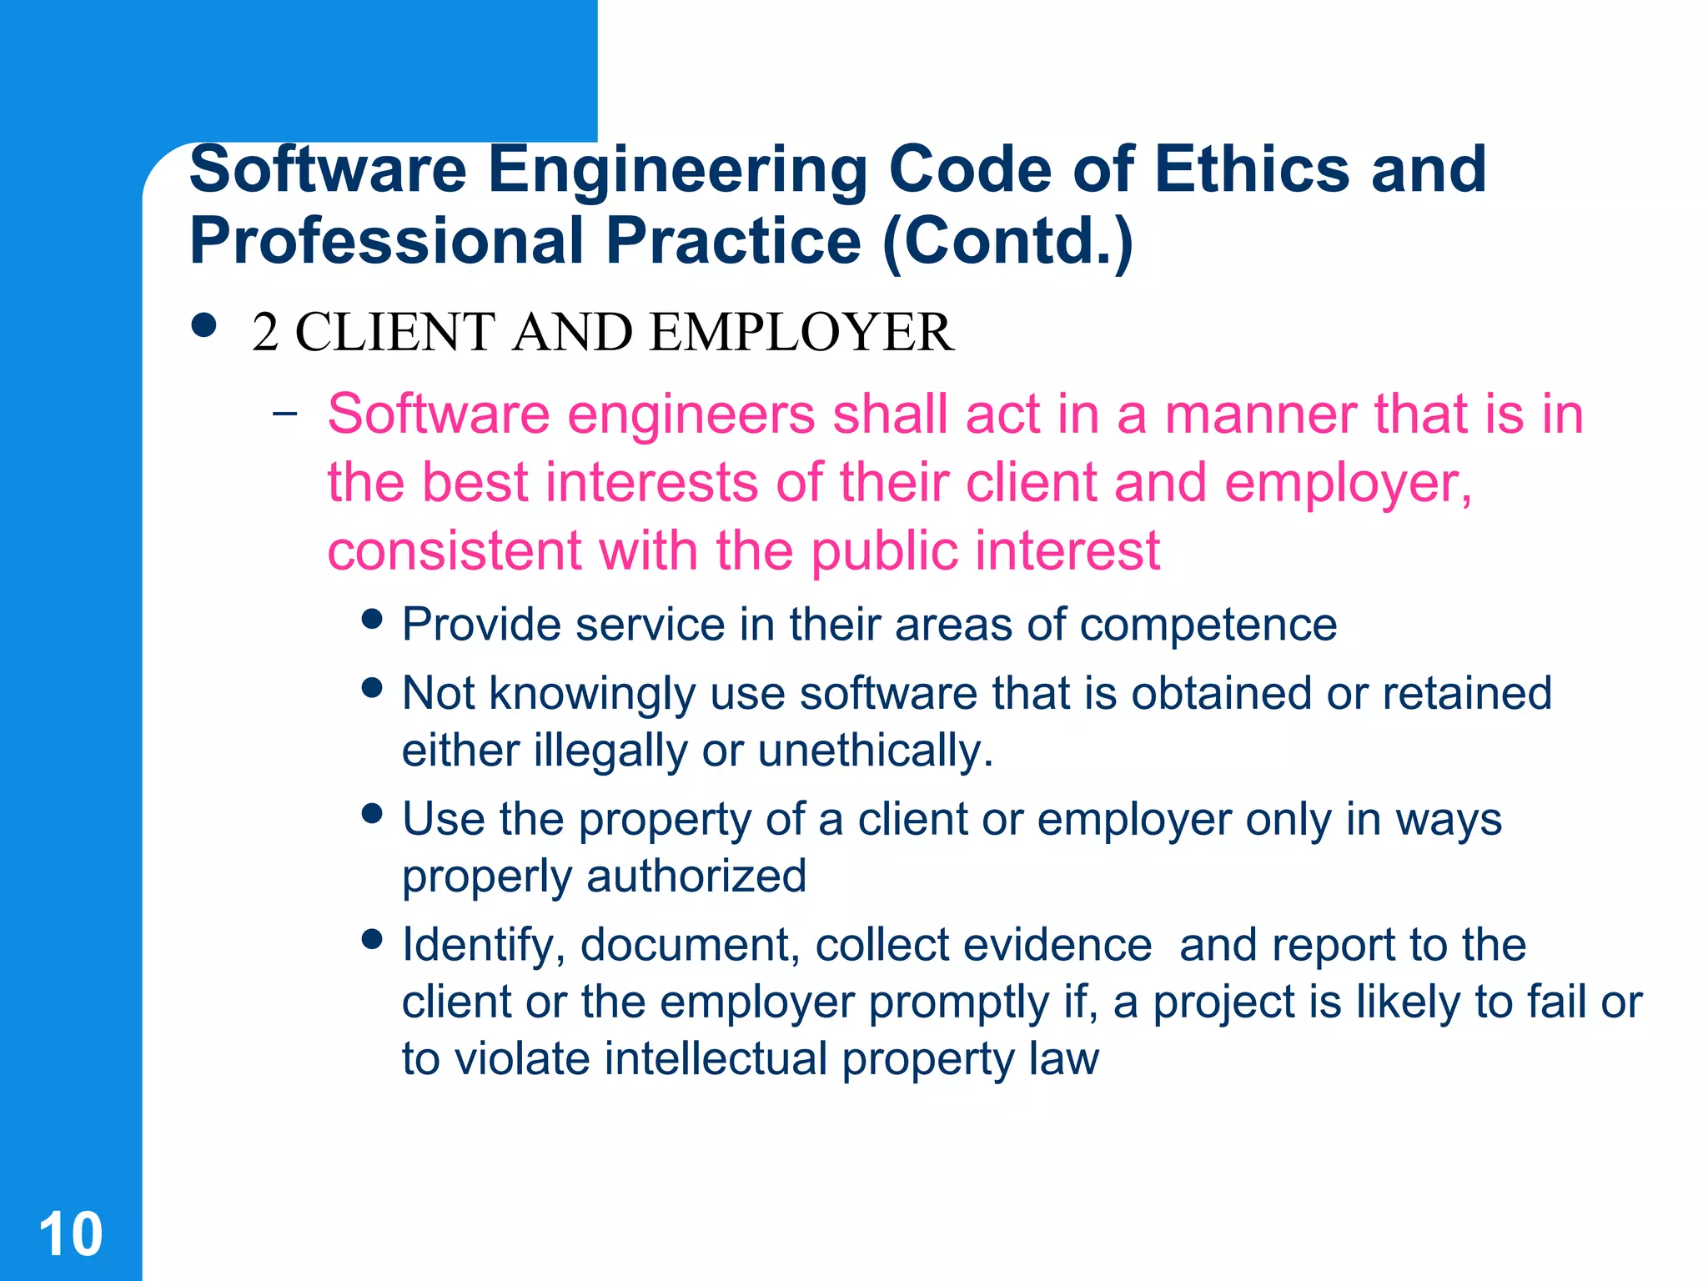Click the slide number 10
click(71, 1233)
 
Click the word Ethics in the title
click(1252, 169)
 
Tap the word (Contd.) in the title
click(1008, 241)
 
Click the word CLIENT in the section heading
click(395, 332)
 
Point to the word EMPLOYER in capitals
click(801, 332)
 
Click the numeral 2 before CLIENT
click(265, 332)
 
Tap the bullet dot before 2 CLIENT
click(203, 324)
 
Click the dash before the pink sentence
click(284, 412)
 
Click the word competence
click(1208, 625)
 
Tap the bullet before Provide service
click(372, 619)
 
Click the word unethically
click(875, 751)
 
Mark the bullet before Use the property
click(372, 813)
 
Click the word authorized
click(696, 877)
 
